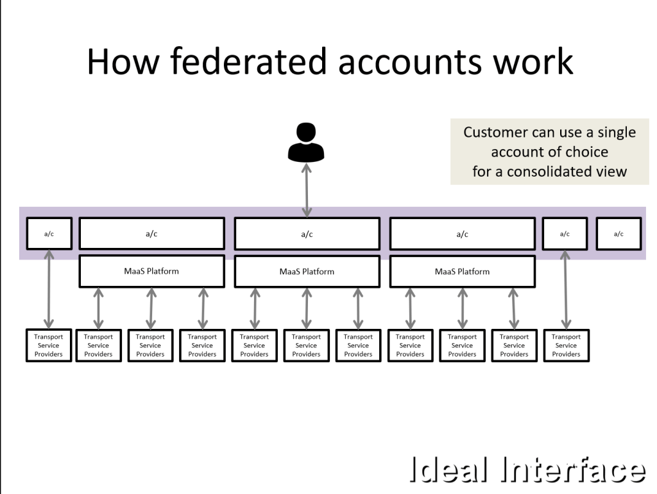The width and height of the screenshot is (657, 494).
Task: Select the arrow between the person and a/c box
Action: [307, 190]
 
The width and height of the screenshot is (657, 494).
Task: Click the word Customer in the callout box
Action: [495, 132]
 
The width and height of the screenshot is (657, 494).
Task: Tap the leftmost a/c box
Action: [49, 234]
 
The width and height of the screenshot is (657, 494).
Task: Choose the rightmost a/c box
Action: [619, 234]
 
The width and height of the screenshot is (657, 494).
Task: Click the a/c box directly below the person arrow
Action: [307, 234]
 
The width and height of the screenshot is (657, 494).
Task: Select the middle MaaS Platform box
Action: [307, 272]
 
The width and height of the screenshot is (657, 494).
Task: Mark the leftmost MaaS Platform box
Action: [151, 272]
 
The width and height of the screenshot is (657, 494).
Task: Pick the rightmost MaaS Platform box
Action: [462, 272]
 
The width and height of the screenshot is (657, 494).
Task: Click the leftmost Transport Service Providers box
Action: [49, 346]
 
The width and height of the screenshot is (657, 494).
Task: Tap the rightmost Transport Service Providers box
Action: [566, 346]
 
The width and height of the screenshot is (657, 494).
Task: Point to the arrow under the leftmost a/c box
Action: [49, 289]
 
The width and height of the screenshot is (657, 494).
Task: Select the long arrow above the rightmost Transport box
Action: [565, 289]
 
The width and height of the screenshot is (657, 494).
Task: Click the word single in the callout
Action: [615, 132]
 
